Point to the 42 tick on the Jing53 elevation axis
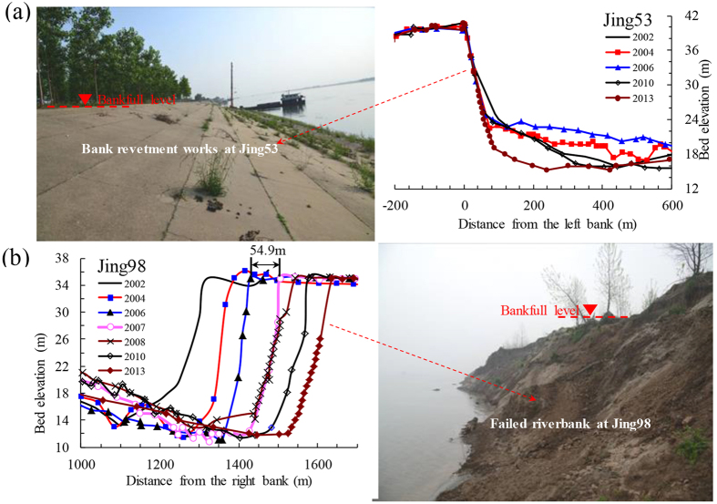(x=691, y=15)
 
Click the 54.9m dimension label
(x=267, y=251)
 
